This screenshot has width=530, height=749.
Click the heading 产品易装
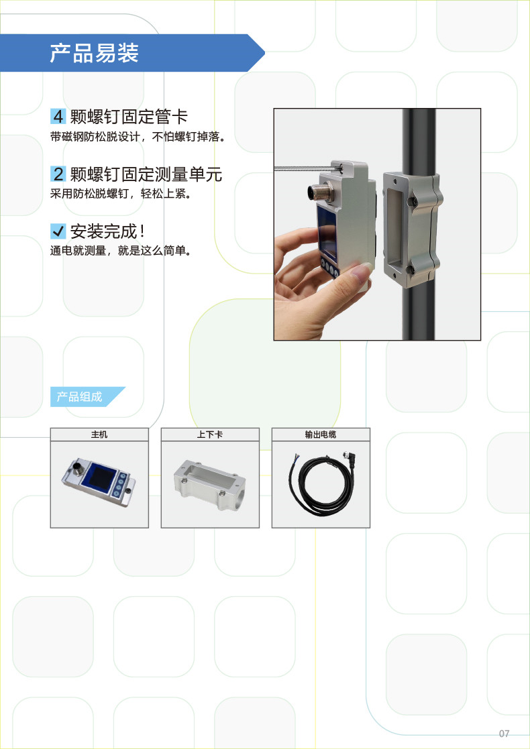point(94,53)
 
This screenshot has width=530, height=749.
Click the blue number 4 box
point(58,116)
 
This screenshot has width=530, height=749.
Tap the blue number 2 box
point(58,174)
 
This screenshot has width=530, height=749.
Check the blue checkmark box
point(58,231)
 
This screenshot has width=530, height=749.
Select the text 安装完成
point(104,231)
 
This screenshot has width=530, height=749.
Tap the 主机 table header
point(99,435)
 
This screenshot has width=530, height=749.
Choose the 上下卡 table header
point(210,435)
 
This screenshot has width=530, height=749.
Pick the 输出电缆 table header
point(321,435)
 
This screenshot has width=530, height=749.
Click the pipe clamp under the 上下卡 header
point(209,484)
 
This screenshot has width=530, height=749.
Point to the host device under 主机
point(99,482)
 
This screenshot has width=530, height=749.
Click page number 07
point(505,733)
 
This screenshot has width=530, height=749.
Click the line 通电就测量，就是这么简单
point(121,250)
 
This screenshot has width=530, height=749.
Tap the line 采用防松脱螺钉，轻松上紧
point(121,194)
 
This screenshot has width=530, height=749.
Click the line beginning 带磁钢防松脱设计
point(138,137)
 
